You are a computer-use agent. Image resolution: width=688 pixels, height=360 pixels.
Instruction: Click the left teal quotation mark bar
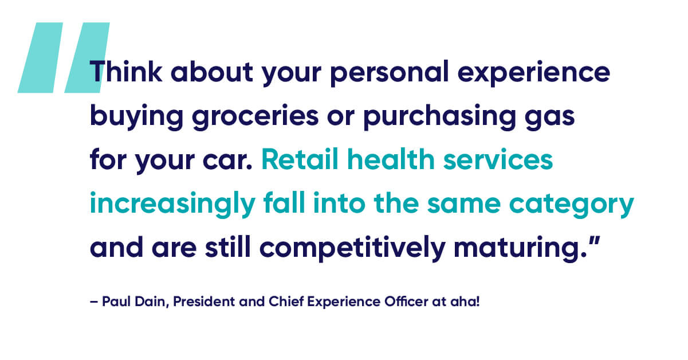[x=40, y=57]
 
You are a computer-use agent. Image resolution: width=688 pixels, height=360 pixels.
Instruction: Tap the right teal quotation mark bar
[x=87, y=57]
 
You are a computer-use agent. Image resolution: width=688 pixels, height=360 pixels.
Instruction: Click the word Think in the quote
[x=126, y=71]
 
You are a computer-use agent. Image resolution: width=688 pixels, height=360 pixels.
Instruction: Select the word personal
[x=390, y=73]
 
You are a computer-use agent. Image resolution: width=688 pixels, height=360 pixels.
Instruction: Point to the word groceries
[x=255, y=116]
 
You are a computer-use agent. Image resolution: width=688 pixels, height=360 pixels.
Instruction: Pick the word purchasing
[x=440, y=116]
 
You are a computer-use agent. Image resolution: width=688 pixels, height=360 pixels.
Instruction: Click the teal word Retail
[x=300, y=159]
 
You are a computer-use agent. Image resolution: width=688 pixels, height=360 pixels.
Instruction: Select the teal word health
[x=391, y=159]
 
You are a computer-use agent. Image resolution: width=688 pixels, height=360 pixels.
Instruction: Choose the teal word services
[x=498, y=159]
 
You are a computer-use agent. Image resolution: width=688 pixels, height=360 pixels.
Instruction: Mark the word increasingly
[x=172, y=204]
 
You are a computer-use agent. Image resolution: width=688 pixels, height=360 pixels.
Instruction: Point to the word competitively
[x=353, y=248]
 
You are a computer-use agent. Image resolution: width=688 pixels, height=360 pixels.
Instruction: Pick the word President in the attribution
[x=204, y=302]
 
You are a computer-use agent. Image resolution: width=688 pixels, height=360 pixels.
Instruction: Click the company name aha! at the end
[x=465, y=302]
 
